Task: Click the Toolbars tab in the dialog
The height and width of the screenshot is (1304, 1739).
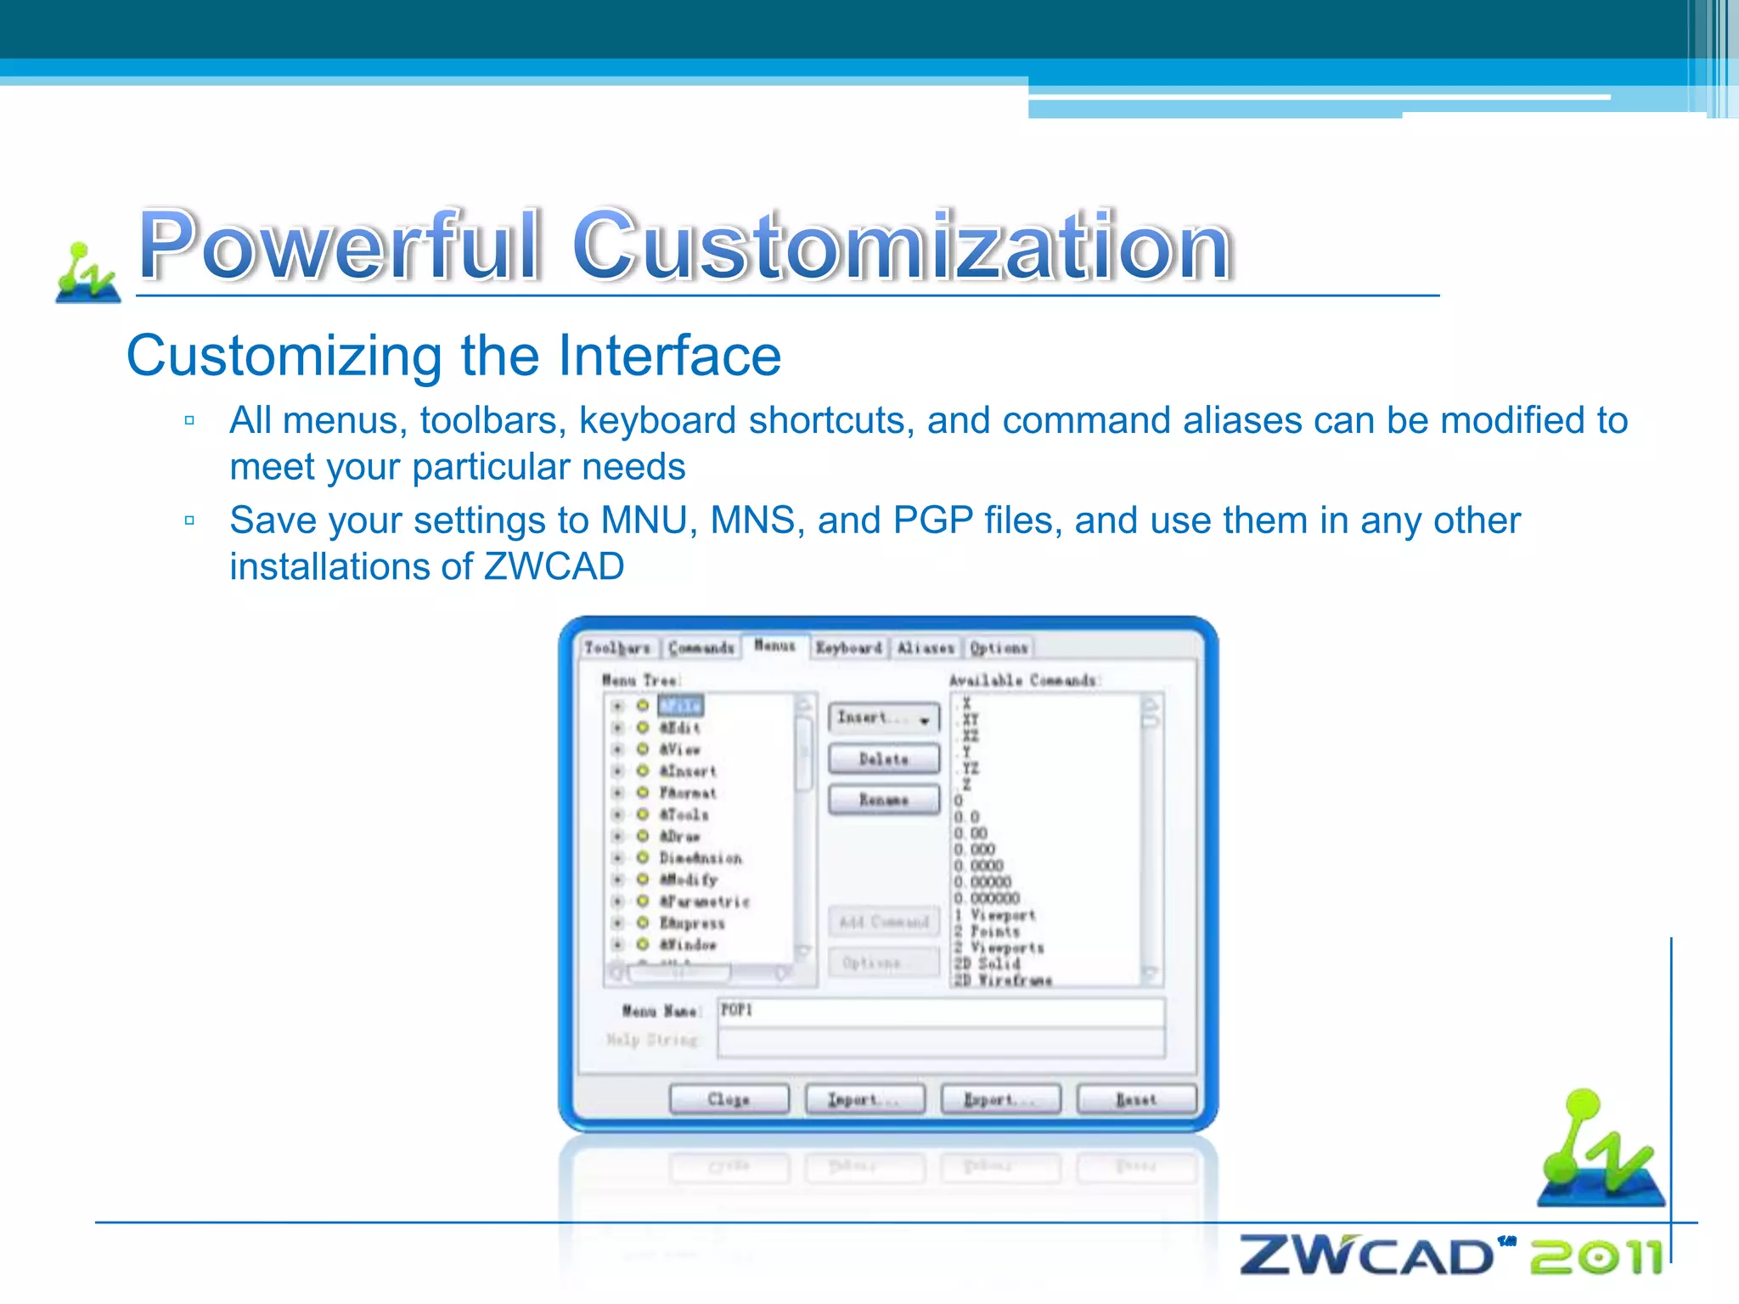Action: tap(617, 649)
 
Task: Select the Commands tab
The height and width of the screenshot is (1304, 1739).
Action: tap(701, 649)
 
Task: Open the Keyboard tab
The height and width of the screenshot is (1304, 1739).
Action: tap(848, 649)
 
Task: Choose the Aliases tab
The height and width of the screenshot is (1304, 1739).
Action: tap(926, 649)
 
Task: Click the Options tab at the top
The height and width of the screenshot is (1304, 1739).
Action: tap(999, 649)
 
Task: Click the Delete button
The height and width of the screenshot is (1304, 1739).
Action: tap(884, 759)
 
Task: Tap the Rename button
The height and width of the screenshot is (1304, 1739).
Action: tap(884, 800)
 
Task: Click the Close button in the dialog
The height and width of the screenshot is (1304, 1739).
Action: tap(729, 1099)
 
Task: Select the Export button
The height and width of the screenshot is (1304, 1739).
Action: tap(1000, 1099)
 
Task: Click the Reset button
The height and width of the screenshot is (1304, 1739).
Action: tap(1136, 1099)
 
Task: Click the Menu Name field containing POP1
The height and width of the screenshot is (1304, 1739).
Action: tap(941, 1010)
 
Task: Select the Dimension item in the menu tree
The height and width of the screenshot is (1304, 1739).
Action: tap(701, 858)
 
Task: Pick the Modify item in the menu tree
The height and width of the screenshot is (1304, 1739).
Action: tap(689, 880)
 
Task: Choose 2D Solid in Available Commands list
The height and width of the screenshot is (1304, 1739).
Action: tap(987, 964)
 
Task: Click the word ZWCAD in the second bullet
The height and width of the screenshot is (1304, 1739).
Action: tap(554, 566)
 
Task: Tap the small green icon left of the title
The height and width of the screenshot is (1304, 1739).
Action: tap(87, 273)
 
